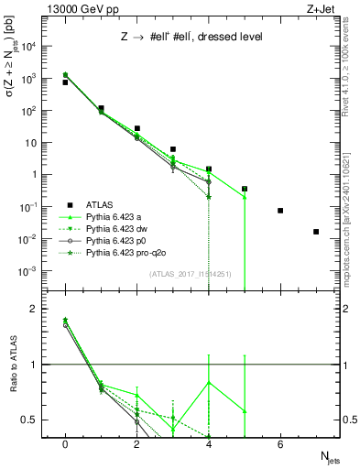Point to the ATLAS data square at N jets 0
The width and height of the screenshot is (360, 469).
[65, 82]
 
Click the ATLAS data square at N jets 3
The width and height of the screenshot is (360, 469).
[172, 149]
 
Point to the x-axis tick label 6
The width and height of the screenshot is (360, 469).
[280, 444]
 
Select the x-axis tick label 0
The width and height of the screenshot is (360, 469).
[65, 444]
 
